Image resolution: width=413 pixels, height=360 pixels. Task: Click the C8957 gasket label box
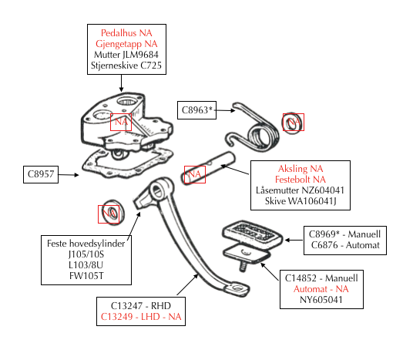(41, 174)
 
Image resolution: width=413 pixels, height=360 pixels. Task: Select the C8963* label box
(196, 110)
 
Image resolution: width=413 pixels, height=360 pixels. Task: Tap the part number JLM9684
(140, 55)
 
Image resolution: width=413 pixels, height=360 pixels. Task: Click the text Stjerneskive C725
(126, 66)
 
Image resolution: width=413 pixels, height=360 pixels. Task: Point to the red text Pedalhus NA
(126, 33)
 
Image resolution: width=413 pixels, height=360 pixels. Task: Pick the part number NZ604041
(323, 190)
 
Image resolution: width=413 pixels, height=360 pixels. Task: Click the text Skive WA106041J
(301, 201)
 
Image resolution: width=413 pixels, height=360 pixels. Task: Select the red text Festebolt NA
(301, 180)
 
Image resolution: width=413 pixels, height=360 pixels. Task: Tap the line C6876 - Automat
(345, 245)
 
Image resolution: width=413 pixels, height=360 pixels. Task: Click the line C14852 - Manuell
(321, 278)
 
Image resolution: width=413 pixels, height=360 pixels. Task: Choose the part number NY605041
(321, 300)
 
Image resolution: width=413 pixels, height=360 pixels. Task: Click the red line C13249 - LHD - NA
(141, 317)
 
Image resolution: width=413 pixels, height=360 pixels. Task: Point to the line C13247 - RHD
(141, 306)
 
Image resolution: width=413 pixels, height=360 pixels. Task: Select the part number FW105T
(86, 276)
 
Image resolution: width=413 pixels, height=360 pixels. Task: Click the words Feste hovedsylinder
(86, 244)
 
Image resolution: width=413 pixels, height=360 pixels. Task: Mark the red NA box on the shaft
(195, 174)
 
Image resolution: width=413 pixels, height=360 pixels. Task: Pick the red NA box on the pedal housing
(121, 122)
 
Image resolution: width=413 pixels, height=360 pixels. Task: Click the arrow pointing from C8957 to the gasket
(69, 175)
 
